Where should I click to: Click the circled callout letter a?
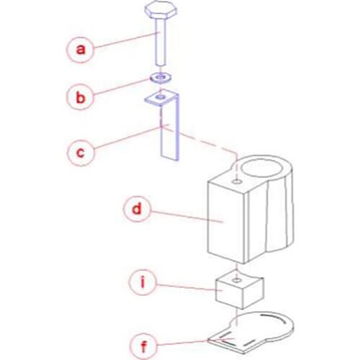[x=80, y=50]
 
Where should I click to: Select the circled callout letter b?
[x=80, y=97]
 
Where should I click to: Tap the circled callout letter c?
[x=81, y=153]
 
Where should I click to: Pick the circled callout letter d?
[x=137, y=209]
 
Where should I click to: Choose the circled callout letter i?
[x=143, y=282]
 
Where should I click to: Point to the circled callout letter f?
[x=143, y=346]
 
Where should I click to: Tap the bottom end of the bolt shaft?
[x=160, y=64]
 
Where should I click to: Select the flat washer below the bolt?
[x=161, y=78]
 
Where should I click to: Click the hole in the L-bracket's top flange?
[x=160, y=97]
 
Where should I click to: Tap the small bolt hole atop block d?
[x=237, y=181]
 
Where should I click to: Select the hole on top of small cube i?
[x=237, y=280]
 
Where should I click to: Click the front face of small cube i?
[x=229, y=294]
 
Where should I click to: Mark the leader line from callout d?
[x=187, y=216]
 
